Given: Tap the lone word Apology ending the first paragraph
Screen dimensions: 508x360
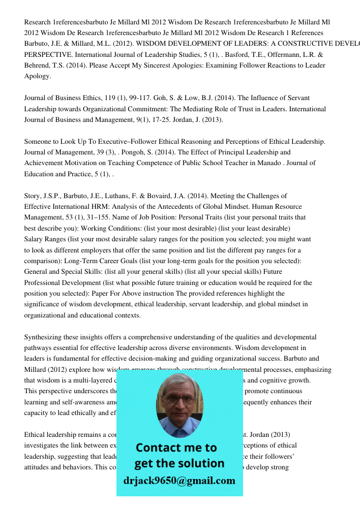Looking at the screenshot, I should [37, 76].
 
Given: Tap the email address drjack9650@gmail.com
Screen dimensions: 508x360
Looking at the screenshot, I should [179, 481].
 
